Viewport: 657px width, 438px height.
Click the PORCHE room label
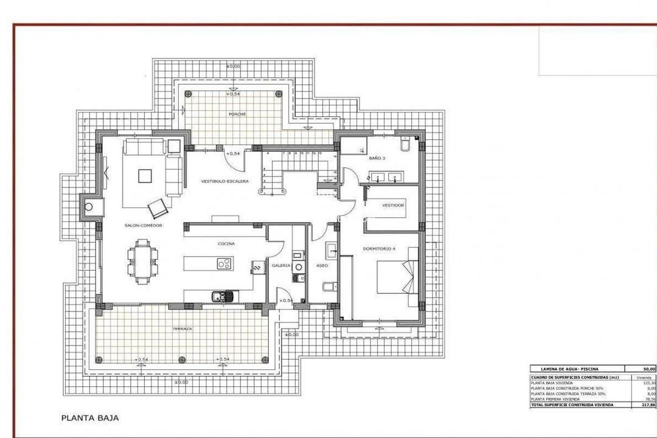237,114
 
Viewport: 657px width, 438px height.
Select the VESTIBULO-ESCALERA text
225,181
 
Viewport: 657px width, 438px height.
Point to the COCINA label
226,243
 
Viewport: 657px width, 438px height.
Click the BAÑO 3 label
377,158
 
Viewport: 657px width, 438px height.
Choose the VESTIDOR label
393,206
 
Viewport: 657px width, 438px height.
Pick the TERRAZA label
182,328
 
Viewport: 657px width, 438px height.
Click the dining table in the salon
142,262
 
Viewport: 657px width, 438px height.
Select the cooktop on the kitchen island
224,263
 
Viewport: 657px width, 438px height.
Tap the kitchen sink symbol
221,297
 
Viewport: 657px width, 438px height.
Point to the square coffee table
145,176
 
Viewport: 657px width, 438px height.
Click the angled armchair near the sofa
158,208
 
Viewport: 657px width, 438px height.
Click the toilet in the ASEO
328,287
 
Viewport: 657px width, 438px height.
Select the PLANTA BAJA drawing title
90,418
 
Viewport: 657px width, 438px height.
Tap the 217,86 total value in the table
647,405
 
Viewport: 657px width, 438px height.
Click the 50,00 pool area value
648,369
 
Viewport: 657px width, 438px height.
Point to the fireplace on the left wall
89,207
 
